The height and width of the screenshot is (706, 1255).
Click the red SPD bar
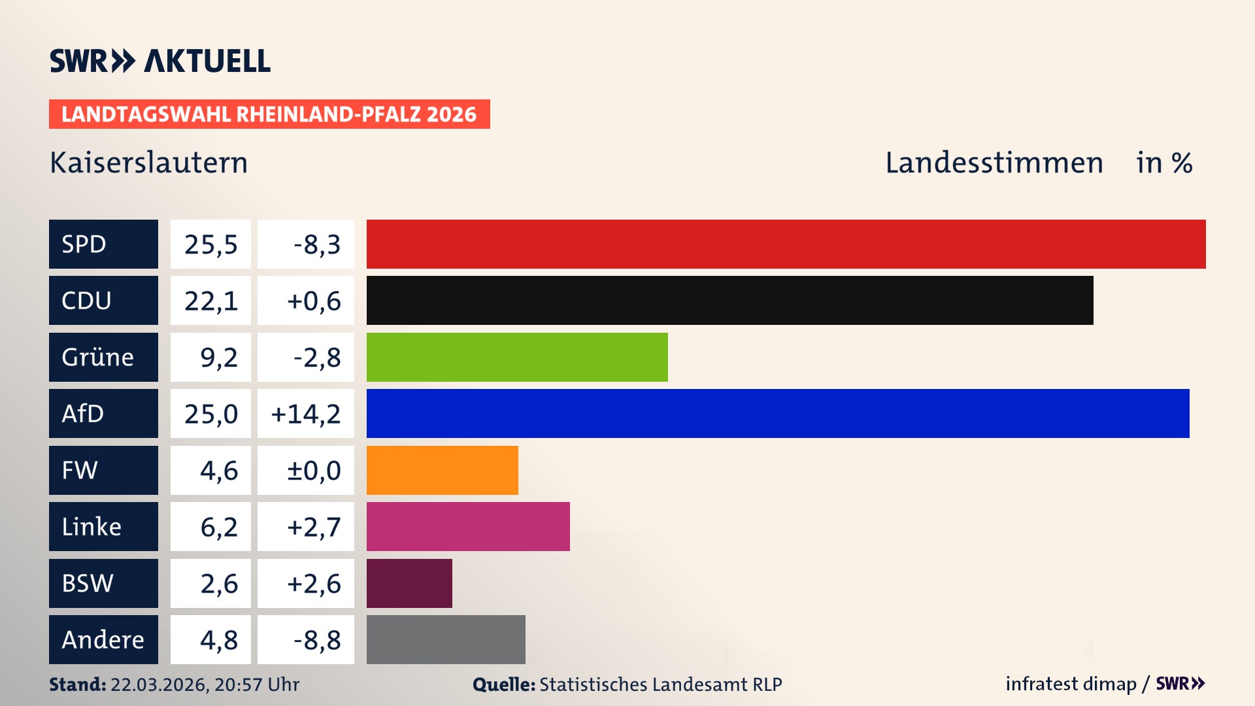pyautogui.click(x=786, y=244)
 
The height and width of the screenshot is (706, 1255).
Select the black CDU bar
pyautogui.click(x=729, y=300)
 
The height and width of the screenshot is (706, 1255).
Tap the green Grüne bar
pyautogui.click(x=517, y=357)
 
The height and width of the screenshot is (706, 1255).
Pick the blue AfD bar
pyautogui.click(x=778, y=413)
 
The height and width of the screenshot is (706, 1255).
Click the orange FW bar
pyautogui.click(x=442, y=470)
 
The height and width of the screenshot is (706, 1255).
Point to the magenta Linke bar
pyautogui.click(x=468, y=526)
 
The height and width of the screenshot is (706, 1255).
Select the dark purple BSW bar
pyautogui.click(x=409, y=583)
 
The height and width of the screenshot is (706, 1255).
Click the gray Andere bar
pyautogui.click(x=446, y=639)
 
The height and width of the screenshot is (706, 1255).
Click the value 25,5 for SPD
pyautogui.click(x=210, y=244)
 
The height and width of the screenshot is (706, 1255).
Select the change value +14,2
pyautogui.click(x=306, y=414)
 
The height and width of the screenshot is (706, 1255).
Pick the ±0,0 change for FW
pyautogui.click(x=314, y=471)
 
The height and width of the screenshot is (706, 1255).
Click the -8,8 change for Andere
pyautogui.click(x=317, y=640)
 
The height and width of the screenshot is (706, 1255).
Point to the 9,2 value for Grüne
pyautogui.click(x=218, y=358)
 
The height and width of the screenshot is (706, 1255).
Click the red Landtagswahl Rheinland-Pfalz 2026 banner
pyautogui.click(x=269, y=114)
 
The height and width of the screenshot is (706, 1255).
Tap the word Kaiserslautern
pyautogui.click(x=149, y=163)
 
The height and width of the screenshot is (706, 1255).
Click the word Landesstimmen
pyautogui.click(x=994, y=163)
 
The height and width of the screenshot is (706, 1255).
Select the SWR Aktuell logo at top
pyautogui.click(x=160, y=61)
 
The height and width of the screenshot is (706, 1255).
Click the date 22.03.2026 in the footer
pyautogui.click(x=158, y=684)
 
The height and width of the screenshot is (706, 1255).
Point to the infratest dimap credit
pyautogui.click(x=1071, y=684)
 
